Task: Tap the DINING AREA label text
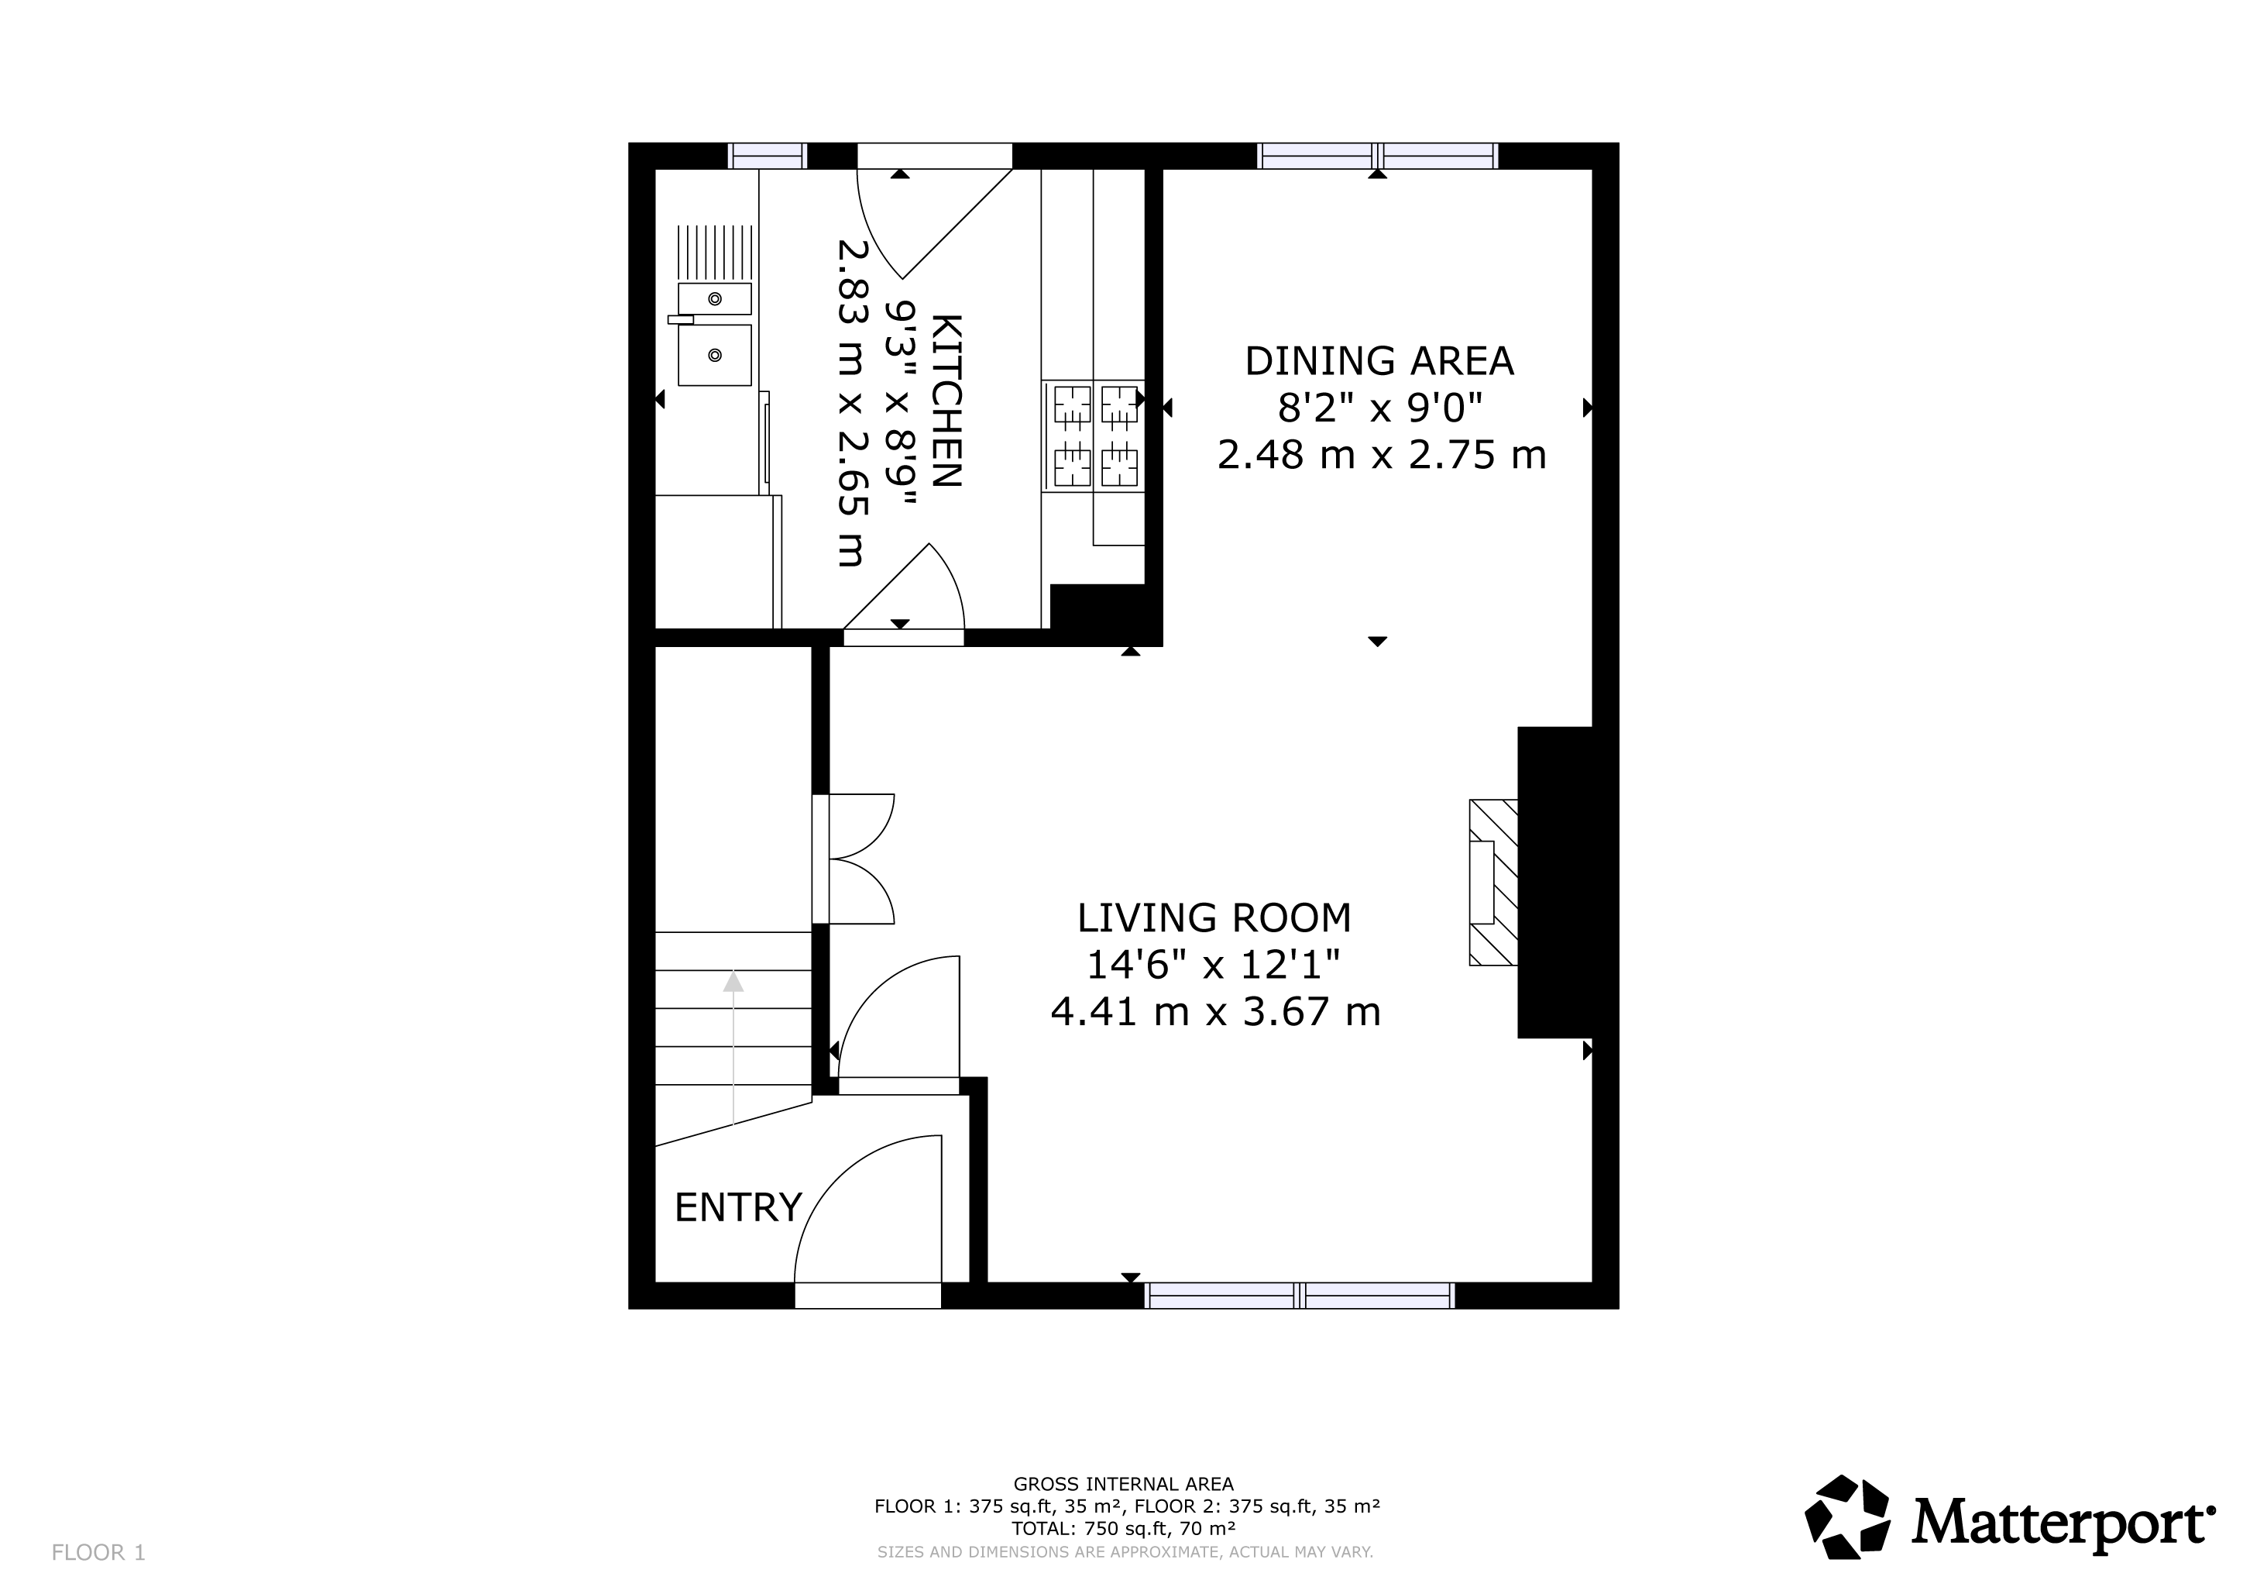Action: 1379,362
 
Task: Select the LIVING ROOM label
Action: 1214,918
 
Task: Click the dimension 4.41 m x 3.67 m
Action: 1215,1011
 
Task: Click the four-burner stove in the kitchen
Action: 1094,435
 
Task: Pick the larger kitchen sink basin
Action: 715,355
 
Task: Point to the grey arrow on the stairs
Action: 733,1048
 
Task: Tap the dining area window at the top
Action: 1377,156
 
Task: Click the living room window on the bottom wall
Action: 1300,1296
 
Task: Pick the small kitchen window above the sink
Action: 768,156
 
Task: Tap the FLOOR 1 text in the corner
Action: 98,1552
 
